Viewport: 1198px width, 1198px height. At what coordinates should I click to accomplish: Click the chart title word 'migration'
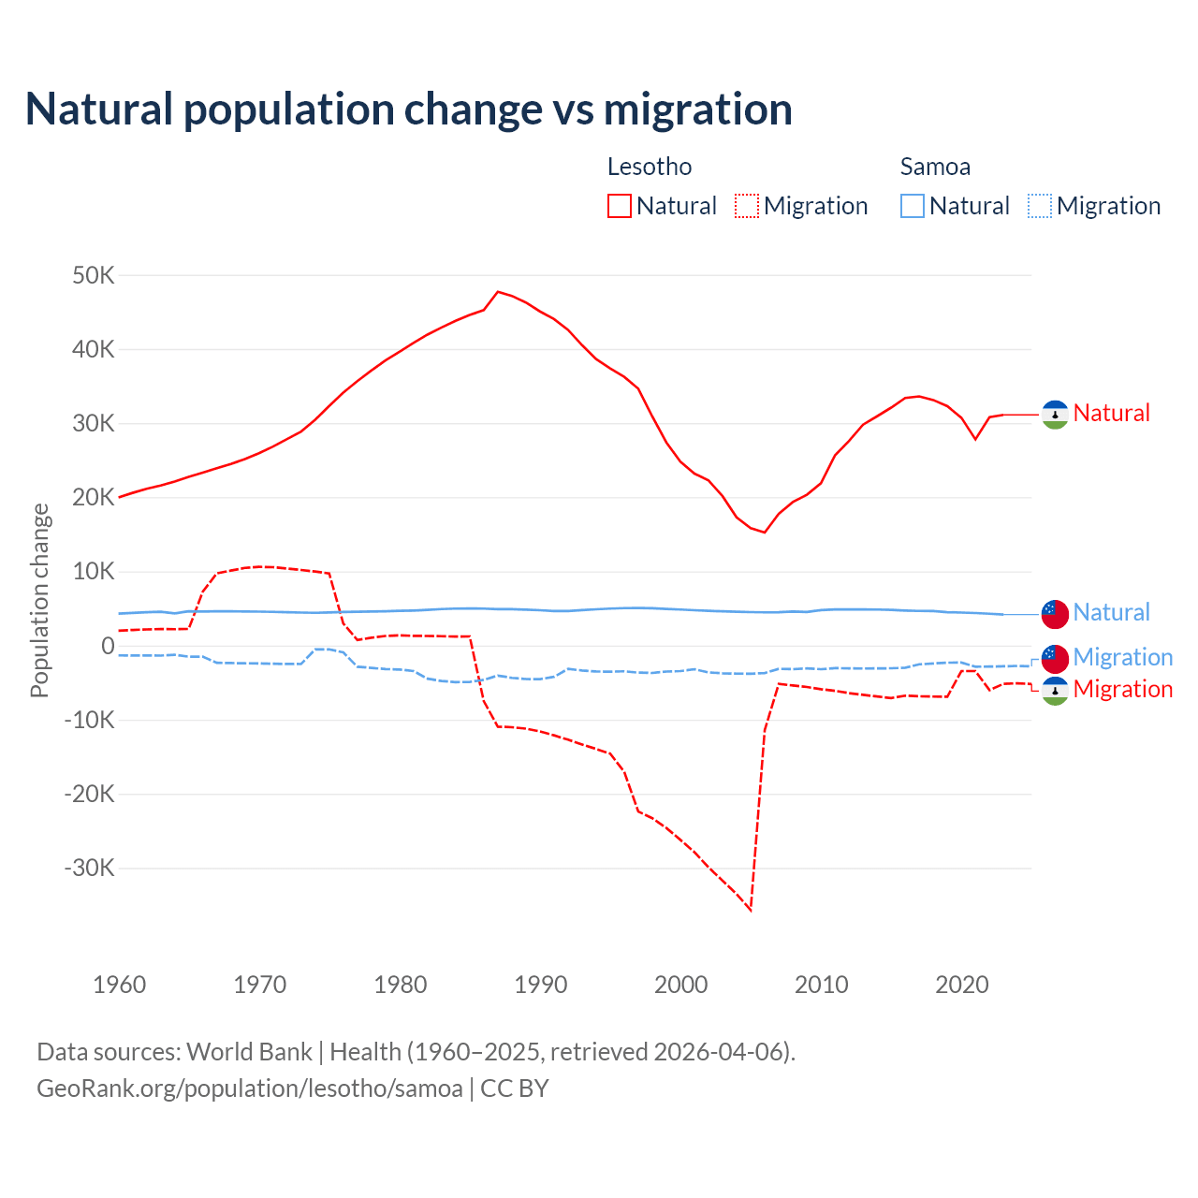click(697, 110)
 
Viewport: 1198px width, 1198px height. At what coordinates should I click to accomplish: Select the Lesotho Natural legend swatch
click(619, 206)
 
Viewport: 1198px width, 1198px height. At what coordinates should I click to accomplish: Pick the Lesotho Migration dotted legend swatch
click(746, 206)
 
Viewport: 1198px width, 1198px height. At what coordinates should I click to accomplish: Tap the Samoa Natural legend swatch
click(912, 206)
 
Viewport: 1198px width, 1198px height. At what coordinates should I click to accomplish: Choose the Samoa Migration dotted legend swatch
click(1039, 206)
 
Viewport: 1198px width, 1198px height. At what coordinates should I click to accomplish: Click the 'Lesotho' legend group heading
click(650, 167)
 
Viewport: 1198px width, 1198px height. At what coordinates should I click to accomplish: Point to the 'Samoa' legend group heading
click(935, 167)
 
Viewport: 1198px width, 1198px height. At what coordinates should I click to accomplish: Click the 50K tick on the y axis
click(93, 276)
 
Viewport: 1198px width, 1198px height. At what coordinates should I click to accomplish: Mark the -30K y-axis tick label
click(89, 868)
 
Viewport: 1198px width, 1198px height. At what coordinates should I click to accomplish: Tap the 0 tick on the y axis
click(108, 646)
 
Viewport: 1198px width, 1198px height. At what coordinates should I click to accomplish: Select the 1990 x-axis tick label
click(541, 985)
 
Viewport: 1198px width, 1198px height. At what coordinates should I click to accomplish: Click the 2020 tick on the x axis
click(962, 985)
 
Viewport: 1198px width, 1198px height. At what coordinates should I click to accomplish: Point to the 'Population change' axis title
click(39, 600)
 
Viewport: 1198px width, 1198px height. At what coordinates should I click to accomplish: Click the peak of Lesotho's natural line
click(498, 292)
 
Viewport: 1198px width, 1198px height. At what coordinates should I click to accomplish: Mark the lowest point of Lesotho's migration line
click(751, 909)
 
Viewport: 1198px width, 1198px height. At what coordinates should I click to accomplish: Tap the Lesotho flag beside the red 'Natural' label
click(1055, 414)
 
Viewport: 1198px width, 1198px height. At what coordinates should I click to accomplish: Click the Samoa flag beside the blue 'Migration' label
click(1055, 658)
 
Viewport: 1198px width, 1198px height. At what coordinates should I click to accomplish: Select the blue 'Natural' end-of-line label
click(1111, 613)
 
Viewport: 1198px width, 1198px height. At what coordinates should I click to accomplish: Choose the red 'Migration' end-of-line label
click(1122, 690)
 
